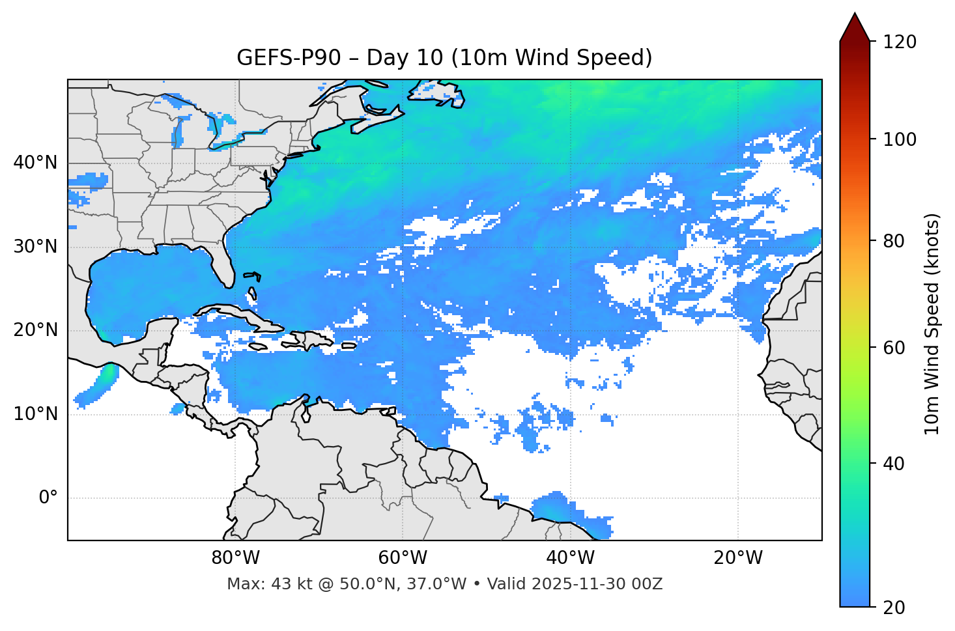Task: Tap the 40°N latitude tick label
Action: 35,163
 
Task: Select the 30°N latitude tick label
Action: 35,247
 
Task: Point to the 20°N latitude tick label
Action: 35,330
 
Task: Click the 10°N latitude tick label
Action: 35,414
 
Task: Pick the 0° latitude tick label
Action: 48,498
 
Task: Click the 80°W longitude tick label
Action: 235,558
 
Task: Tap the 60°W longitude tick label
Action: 403,558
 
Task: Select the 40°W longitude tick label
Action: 570,558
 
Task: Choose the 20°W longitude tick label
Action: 737,558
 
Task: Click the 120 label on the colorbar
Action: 899,42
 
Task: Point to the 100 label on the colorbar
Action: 899,139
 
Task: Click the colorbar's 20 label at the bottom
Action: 894,608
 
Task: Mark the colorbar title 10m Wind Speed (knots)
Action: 932,324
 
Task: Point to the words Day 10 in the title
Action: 405,58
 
